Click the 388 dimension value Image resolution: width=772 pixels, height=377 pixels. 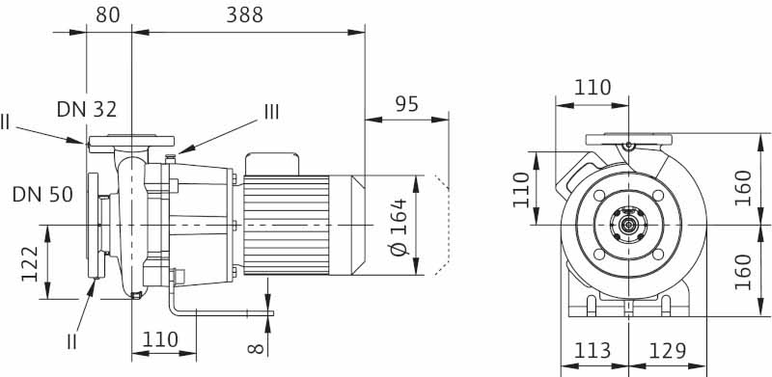point(245,15)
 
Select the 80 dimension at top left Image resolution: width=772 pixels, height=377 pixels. point(108,15)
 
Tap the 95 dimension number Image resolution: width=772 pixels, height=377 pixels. point(406,104)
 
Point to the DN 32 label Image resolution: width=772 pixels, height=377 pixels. point(87,109)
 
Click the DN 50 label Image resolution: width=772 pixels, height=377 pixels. point(42,195)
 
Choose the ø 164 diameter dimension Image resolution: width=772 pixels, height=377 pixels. point(399,227)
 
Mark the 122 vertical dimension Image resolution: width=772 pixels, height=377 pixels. point(30,264)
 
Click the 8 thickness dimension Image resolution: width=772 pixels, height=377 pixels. point(256,348)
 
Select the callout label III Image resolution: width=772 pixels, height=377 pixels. point(272,112)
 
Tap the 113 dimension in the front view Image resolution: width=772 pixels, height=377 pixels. point(593,351)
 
